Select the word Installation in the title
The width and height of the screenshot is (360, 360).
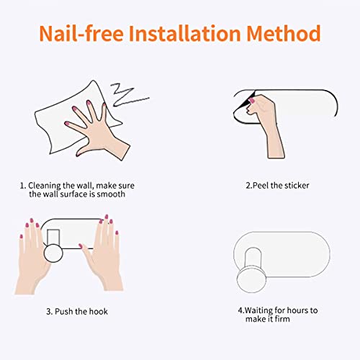(x=190, y=33)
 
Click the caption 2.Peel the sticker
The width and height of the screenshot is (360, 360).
(x=277, y=186)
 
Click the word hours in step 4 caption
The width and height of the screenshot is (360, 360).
(x=296, y=310)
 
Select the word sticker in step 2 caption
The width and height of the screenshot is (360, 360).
(x=295, y=186)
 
